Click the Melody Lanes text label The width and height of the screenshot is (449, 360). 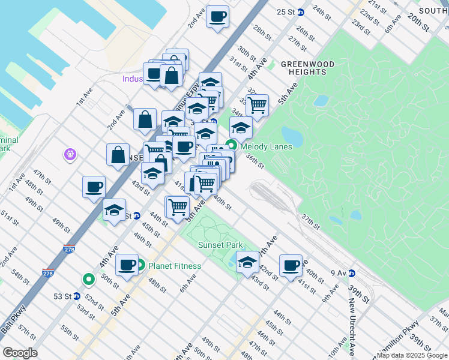coord(266,146)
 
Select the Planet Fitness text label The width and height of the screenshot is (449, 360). coord(173,266)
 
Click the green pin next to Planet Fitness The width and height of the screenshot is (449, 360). coord(140,265)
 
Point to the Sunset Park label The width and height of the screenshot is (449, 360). coord(220,245)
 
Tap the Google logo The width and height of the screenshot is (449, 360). coord(20,353)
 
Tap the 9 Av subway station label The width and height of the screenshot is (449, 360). coord(339,273)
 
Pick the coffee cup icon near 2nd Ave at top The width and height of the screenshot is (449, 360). coord(217,16)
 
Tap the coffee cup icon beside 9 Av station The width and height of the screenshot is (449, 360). coord(291,265)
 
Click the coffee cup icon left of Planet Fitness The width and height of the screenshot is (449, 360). coord(127,265)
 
